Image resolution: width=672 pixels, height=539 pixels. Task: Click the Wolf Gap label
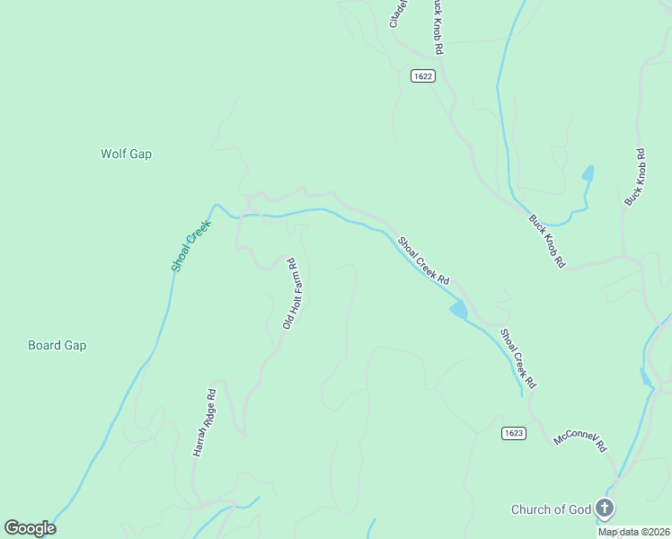pos(126,154)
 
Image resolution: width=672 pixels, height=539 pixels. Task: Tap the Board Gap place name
pos(57,345)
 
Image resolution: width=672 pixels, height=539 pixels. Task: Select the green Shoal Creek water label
pos(190,245)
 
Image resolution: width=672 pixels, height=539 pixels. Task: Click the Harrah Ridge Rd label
pos(205,423)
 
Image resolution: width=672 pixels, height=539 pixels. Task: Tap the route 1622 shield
pos(424,76)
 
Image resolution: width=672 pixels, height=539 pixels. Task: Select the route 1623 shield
pos(513,433)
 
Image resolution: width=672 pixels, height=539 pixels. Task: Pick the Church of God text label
pos(551,510)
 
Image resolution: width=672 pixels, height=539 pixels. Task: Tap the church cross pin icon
pos(605,509)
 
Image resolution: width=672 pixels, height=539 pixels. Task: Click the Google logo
pos(30,528)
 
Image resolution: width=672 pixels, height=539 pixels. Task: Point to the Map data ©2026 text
pos(633,532)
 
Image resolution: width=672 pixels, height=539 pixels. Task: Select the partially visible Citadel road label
pos(398,13)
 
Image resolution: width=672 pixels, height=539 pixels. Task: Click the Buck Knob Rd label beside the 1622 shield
pos(437,24)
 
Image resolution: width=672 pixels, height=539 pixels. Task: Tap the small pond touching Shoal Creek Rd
pos(458,310)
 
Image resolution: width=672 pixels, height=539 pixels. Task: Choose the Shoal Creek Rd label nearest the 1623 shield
pos(518,358)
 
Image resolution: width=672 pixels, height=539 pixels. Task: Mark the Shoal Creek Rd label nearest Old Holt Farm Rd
pos(423,261)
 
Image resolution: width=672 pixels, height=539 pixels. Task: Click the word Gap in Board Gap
pos(75,345)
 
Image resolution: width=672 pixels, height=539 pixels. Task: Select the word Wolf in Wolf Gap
pos(113,154)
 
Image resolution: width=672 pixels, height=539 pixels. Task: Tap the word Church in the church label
pos(532,510)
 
